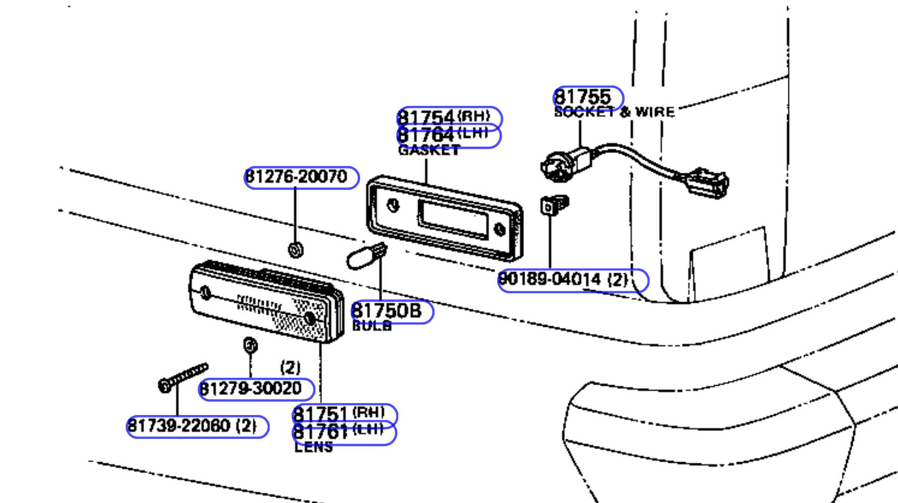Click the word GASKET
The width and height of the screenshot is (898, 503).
[430, 150]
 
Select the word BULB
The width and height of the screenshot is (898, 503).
[372, 326]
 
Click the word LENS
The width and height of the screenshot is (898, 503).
[313, 447]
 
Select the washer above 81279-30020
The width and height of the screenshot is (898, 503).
[250, 345]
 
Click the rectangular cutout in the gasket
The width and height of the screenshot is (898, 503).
[453, 218]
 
